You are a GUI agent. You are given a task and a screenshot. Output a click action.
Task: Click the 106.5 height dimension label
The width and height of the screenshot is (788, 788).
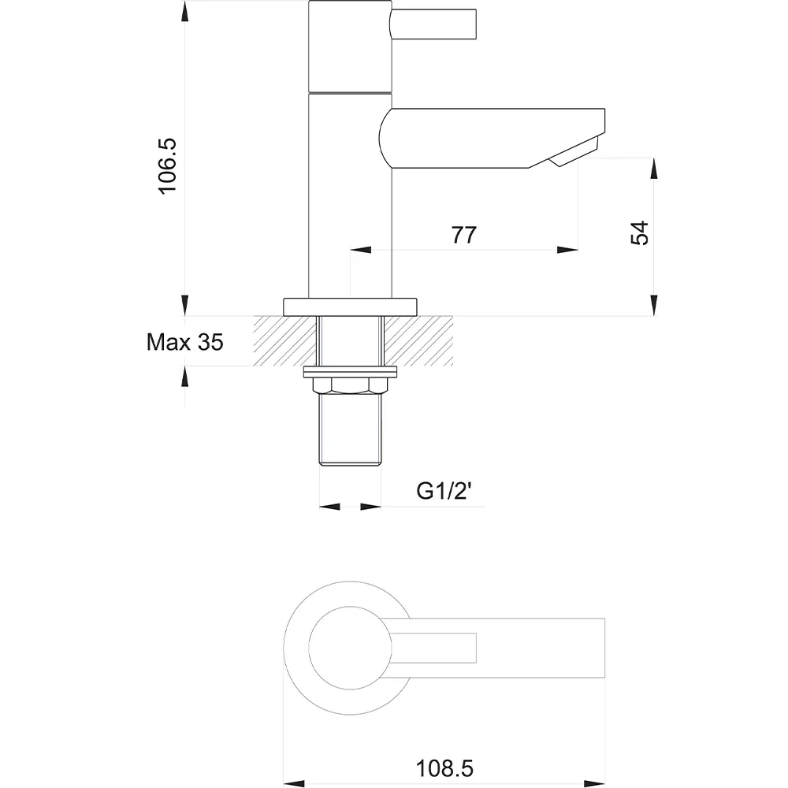coord(167,165)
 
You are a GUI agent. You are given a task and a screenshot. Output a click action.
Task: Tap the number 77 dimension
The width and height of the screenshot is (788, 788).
coord(463,235)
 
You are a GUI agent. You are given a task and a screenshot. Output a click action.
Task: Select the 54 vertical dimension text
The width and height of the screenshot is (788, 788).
coord(639,232)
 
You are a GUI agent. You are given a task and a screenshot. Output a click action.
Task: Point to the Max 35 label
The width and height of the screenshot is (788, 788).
coord(184,342)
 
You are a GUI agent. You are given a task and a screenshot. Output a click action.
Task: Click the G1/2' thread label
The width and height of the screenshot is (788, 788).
coord(444,490)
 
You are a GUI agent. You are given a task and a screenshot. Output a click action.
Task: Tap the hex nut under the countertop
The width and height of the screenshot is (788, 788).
coord(351,385)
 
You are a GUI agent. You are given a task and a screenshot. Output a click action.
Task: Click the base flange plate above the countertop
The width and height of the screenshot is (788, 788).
coord(351,307)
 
